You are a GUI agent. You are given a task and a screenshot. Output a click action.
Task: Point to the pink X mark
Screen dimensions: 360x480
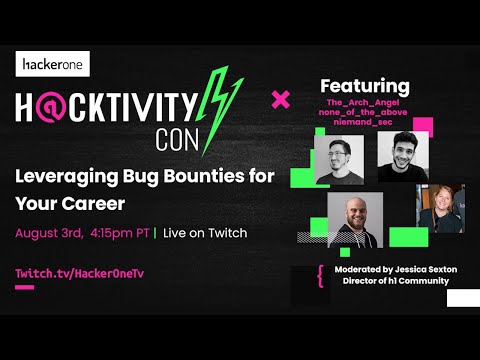(281, 99)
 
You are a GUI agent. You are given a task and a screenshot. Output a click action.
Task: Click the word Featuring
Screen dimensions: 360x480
(363, 86)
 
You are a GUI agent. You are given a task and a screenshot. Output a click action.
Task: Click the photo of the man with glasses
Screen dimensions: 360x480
(339, 156)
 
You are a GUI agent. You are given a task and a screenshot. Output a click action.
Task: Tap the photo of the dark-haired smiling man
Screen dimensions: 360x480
(403, 156)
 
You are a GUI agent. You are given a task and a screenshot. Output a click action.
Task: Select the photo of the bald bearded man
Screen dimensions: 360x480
(354, 219)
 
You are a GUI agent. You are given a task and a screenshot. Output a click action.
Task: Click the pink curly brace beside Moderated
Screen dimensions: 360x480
(320, 276)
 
